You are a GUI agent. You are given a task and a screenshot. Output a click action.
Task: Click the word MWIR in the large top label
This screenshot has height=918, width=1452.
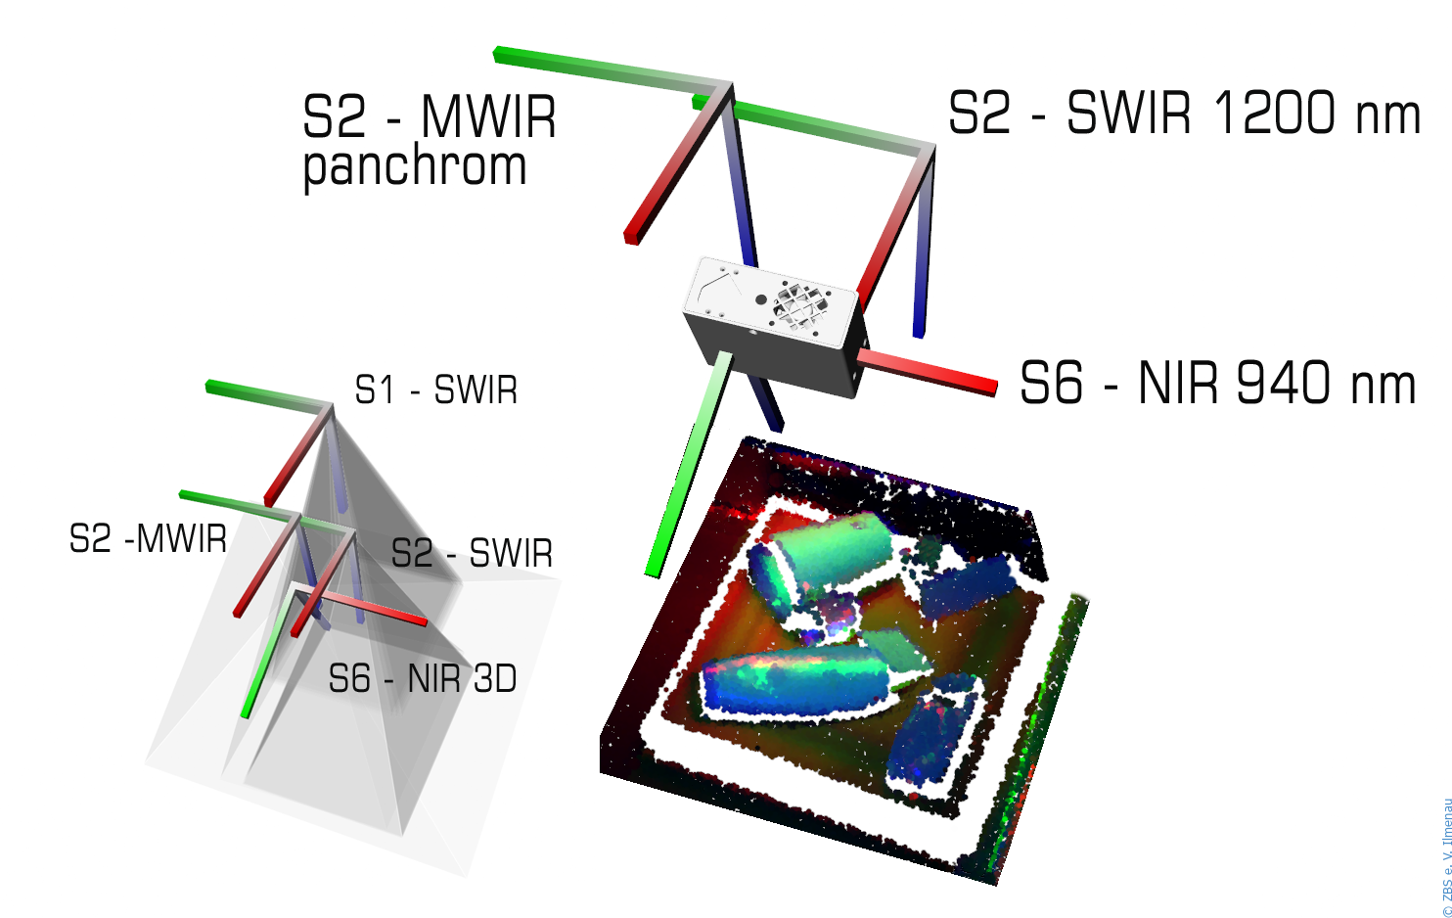[x=488, y=117]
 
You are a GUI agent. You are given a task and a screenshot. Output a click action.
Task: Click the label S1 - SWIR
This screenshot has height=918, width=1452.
[x=435, y=390]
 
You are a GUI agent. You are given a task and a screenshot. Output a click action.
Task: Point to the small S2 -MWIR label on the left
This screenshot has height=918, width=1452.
[x=148, y=539]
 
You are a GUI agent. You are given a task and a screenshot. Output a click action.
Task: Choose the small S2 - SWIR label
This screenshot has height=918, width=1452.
[x=472, y=554]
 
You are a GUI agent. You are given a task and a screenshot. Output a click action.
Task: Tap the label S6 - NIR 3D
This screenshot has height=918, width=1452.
[x=422, y=678]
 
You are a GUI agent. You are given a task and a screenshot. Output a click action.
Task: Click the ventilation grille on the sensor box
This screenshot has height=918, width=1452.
[x=799, y=302]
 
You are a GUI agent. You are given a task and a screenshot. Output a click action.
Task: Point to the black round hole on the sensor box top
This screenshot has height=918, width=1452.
[x=761, y=299]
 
